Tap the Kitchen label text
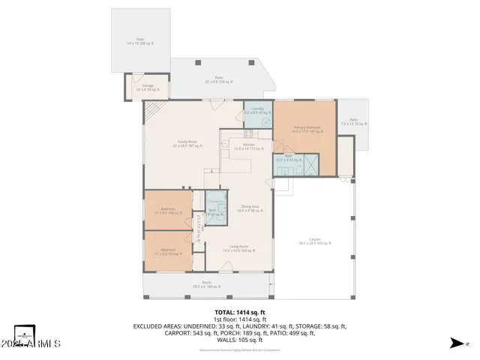(238, 145)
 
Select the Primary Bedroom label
(307, 129)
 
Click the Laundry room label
(257, 110)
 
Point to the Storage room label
(148, 87)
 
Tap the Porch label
(206, 284)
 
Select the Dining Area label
(250, 208)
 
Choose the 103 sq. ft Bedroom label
(167, 251)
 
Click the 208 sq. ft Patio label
(139, 42)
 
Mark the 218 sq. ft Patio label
(219, 79)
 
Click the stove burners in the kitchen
(250, 134)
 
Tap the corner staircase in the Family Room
(152, 112)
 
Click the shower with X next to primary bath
(310, 164)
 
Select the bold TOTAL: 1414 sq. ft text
(239, 311)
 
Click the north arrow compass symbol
(455, 343)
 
